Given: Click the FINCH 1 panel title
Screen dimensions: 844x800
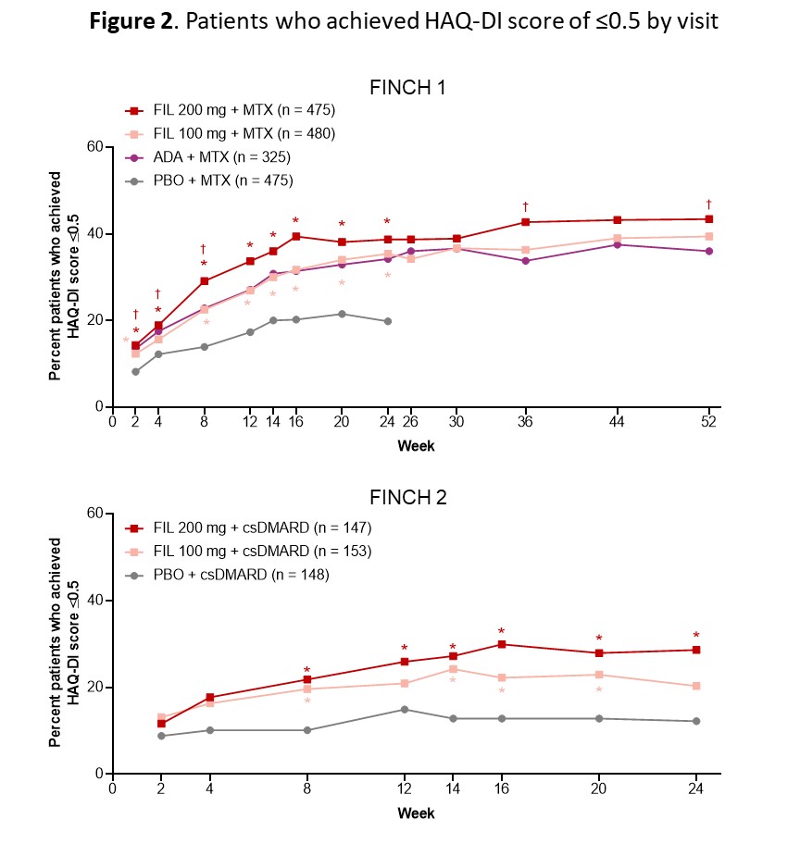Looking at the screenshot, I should [x=408, y=88].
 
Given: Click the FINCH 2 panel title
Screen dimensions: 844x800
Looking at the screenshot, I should [x=408, y=497].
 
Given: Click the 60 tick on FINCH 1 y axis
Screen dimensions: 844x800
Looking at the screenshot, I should [x=94, y=146].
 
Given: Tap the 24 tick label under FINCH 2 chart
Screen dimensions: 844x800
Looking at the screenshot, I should [x=695, y=791].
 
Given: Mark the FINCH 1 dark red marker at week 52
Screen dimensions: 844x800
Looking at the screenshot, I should [x=709, y=219].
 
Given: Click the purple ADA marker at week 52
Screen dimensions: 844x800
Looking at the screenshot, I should [x=709, y=251].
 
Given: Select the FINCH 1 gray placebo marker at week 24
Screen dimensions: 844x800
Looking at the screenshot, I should [x=387, y=321].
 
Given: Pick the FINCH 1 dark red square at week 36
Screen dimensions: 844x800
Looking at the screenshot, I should [x=525, y=222].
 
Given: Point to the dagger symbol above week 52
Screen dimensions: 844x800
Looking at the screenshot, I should [x=709, y=205].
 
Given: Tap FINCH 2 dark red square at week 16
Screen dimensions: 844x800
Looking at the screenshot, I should [x=502, y=644].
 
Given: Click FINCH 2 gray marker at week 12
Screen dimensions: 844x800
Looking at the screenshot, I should [x=404, y=710].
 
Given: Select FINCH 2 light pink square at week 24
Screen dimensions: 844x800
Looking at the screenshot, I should [x=695, y=686].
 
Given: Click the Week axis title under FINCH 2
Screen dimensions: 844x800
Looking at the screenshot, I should [x=416, y=813].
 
